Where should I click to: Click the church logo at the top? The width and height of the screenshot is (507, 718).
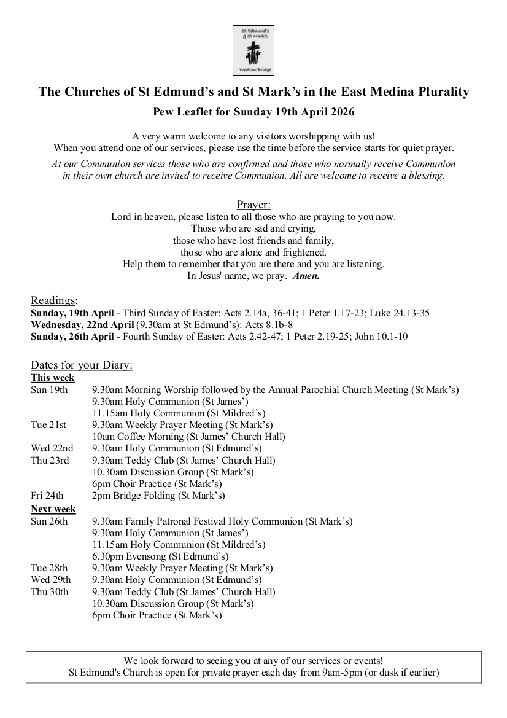[253, 50]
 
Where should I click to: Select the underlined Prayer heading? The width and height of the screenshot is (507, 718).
[253, 205]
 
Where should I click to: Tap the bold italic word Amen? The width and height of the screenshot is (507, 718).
[306, 276]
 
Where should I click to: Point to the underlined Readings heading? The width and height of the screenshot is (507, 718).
[54, 300]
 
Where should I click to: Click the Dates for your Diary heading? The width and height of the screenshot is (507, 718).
[82, 365]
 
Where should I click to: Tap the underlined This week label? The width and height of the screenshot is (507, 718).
[53, 378]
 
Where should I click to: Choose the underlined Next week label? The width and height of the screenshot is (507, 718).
[53, 509]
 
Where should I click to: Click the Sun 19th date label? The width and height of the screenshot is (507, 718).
[49, 389]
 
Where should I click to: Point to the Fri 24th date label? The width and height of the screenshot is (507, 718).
[47, 495]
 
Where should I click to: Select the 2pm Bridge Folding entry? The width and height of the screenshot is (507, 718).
[158, 495]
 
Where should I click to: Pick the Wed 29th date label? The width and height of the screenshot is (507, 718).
[50, 580]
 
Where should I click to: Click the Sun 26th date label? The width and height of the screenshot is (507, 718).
[49, 521]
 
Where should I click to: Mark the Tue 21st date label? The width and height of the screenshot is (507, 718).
[48, 425]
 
